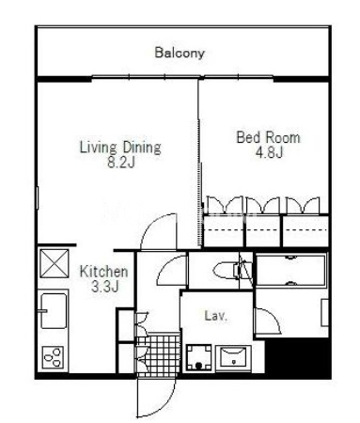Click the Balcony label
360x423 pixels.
(180, 53)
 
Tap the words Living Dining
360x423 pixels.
(120, 148)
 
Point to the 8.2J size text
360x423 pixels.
(121, 163)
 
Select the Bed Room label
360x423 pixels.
(268, 137)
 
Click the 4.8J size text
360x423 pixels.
(269, 152)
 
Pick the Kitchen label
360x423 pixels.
(104, 272)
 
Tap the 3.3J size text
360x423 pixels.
(104, 286)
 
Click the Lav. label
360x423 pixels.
(215, 316)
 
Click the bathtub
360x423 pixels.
(291, 271)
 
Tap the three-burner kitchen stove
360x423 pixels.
(53, 357)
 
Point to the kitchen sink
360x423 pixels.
(54, 311)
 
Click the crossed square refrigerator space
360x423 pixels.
(55, 263)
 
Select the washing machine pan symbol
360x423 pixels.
(198, 357)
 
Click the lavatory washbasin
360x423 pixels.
(234, 358)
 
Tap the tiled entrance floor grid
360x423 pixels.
(159, 355)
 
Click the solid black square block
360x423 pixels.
(298, 358)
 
